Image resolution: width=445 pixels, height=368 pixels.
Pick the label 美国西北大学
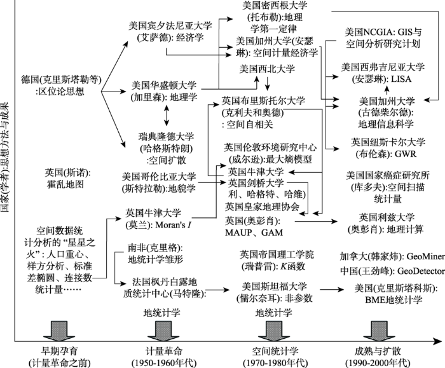[x=268, y=68]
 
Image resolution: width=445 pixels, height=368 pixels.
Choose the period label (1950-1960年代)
[x=157, y=362]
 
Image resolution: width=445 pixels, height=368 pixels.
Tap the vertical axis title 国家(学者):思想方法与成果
[x=6, y=159]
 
